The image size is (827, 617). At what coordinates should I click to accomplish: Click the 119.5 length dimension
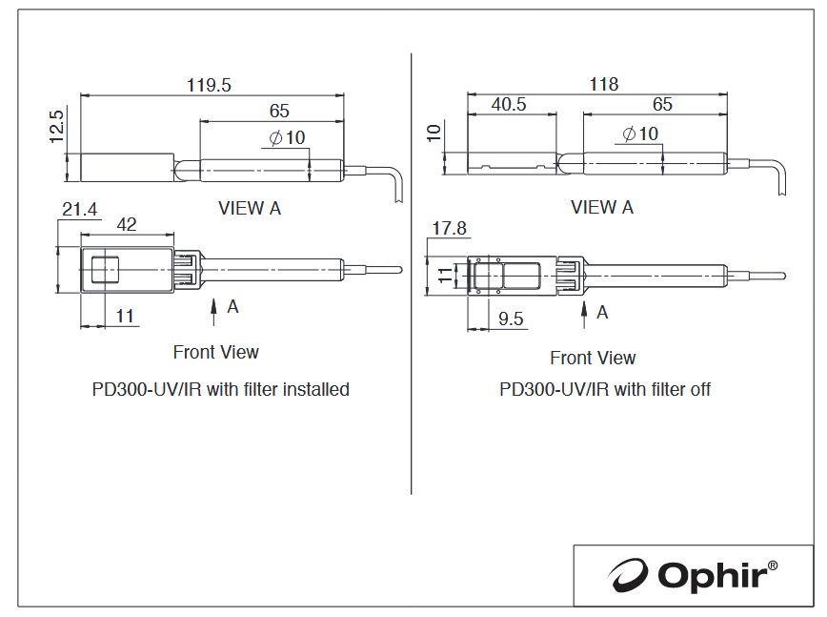pyautogui.click(x=209, y=85)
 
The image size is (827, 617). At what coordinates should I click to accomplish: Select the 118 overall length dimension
pyautogui.click(x=603, y=84)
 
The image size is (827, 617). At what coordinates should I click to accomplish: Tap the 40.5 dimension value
pyautogui.click(x=509, y=104)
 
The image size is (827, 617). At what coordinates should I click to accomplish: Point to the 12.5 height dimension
pyautogui.click(x=56, y=126)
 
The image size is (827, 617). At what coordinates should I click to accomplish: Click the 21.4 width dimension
pyautogui.click(x=80, y=210)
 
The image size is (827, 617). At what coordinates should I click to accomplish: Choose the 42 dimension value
pyautogui.click(x=127, y=225)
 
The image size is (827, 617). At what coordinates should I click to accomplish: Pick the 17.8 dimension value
pyautogui.click(x=450, y=228)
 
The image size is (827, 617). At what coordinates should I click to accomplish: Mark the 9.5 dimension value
pyautogui.click(x=511, y=319)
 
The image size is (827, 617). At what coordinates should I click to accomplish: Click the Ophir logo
pyautogui.click(x=692, y=575)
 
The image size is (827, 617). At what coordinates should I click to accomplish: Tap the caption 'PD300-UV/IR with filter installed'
pyautogui.click(x=220, y=389)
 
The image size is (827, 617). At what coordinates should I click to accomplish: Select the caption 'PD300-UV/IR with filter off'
pyautogui.click(x=604, y=389)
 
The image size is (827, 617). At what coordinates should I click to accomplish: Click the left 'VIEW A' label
pyautogui.click(x=250, y=209)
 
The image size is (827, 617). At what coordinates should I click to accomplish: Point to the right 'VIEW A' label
pyautogui.click(x=602, y=208)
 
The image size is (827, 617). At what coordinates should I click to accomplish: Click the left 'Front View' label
pyautogui.click(x=215, y=352)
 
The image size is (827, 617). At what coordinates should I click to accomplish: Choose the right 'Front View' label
pyautogui.click(x=593, y=358)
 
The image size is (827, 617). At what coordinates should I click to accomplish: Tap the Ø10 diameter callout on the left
pyautogui.click(x=287, y=137)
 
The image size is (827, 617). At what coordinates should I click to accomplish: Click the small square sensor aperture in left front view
pyautogui.click(x=105, y=270)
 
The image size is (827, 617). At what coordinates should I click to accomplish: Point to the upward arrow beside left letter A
pyautogui.click(x=213, y=313)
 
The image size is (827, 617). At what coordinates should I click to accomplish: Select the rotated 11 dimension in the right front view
pyautogui.click(x=445, y=275)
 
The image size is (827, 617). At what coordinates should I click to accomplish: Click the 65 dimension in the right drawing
pyautogui.click(x=662, y=104)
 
